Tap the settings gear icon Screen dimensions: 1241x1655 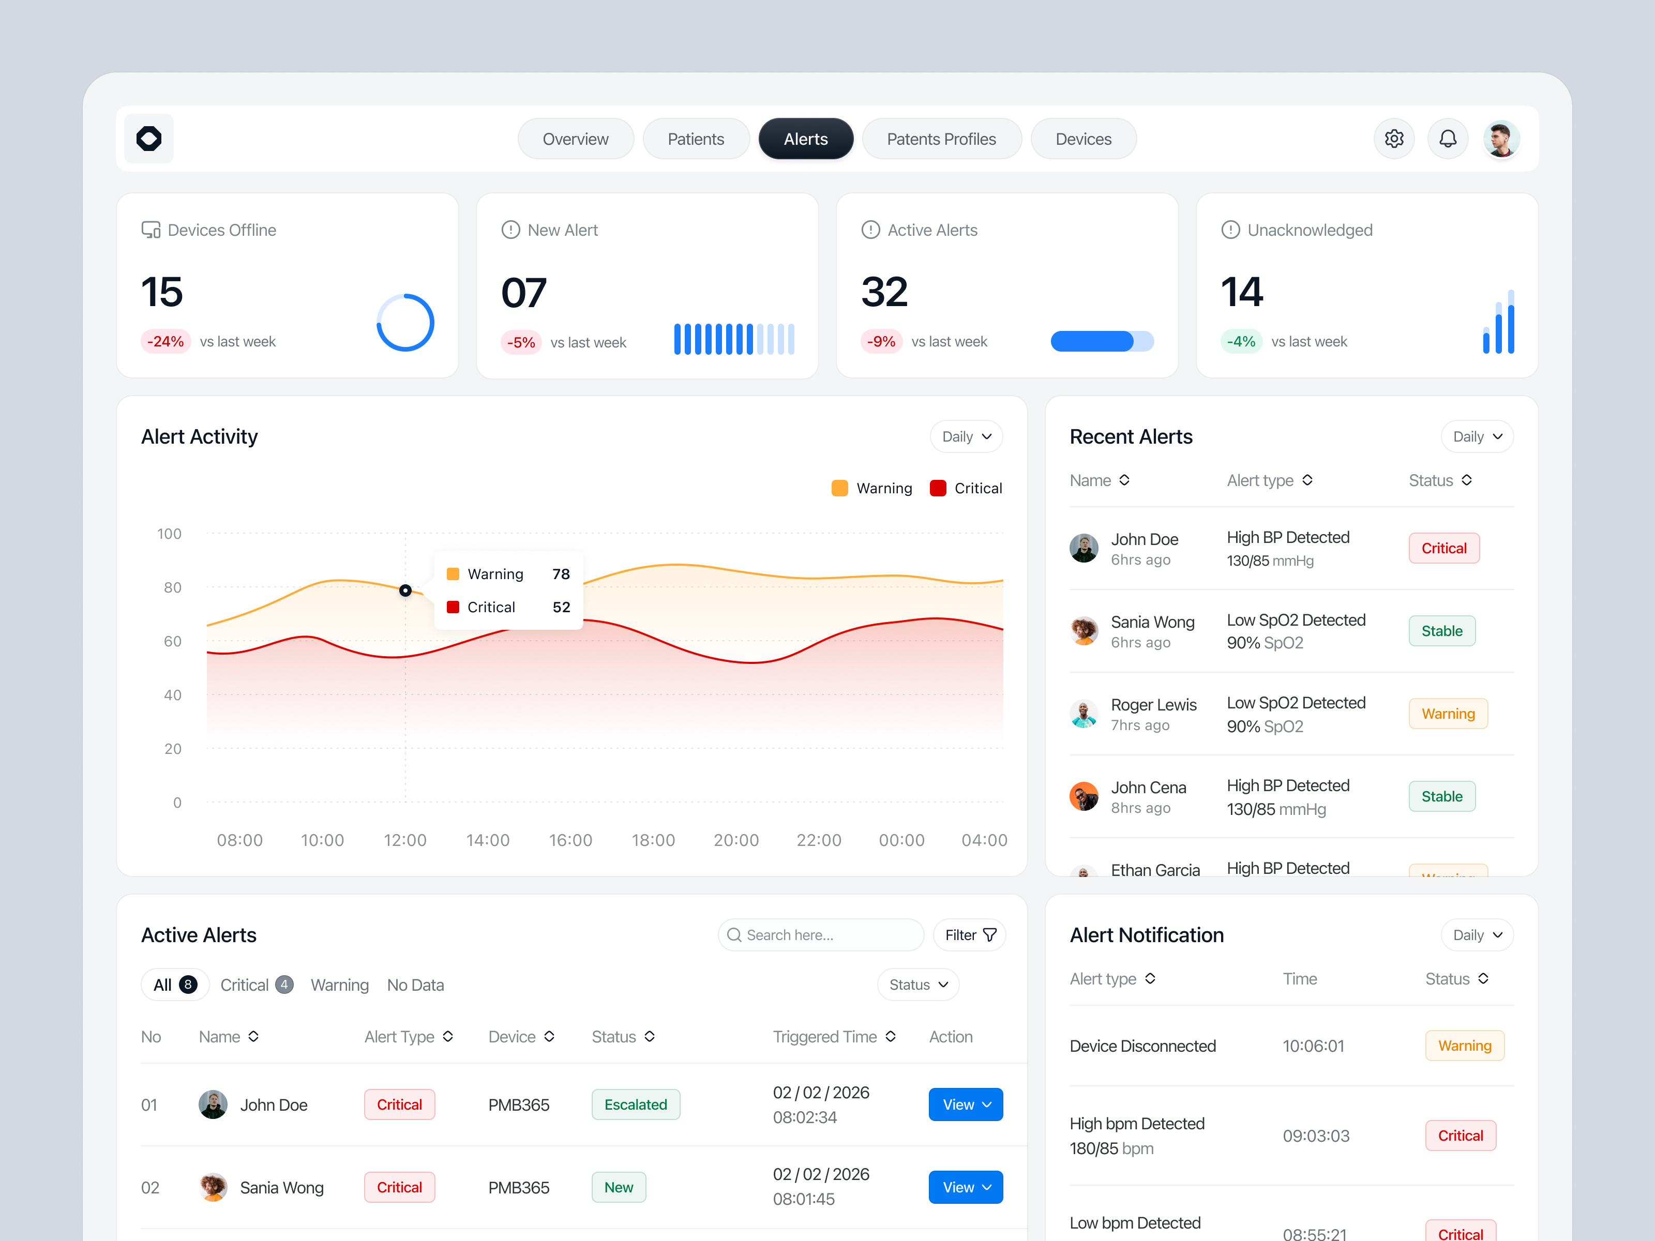tap(1393, 139)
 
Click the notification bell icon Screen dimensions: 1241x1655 tap(1447, 139)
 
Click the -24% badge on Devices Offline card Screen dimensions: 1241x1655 tap(165, 342)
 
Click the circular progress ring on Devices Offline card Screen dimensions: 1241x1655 tap(405, 323)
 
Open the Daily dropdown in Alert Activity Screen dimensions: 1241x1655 tap(965, 437)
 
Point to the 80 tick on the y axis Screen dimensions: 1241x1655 tap(172, 588)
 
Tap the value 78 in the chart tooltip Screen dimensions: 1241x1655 tap(561, 574)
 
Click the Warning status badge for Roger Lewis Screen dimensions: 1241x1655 tap(1447, 714)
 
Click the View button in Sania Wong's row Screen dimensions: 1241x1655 tap(965, 1187)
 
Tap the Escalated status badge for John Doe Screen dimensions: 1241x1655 tap(635, 1105)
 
